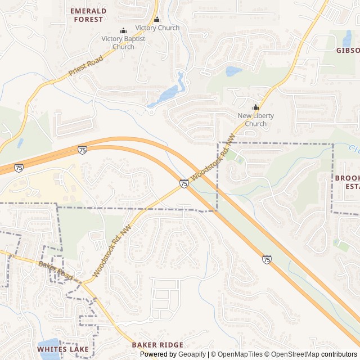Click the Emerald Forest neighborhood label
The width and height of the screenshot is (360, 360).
pos(87,15)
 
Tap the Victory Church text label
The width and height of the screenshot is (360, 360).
pos(157,28)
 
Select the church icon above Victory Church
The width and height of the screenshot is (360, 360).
pos(157,20)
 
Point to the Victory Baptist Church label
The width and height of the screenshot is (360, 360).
pos(123,43)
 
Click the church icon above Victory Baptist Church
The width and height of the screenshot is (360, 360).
pos(123,30)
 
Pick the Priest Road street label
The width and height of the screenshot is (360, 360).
pos(85,66)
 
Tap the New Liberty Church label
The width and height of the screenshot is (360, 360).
pos(255,120)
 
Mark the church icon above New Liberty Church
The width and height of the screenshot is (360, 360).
pos(255,107)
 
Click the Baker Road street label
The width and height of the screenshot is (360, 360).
pos(56,271)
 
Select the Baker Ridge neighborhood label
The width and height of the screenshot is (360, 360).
pos(157,345)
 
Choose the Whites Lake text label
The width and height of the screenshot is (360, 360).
pos(62,349)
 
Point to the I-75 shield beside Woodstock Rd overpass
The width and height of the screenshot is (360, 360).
pos(184,183)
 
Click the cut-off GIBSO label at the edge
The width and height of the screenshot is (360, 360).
pos(347,50)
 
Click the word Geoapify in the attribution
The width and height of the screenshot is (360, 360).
pos(192,354)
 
